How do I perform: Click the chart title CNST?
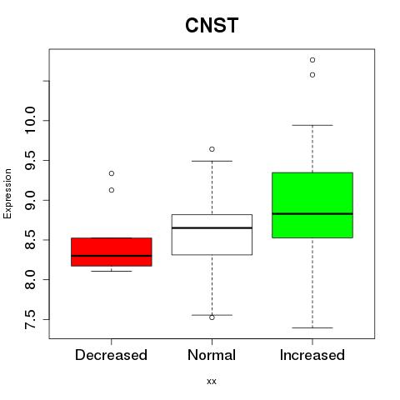click(x=212, y=25)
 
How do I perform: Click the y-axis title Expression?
click(x=7, y=193)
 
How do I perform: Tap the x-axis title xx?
click(x=212, y=381)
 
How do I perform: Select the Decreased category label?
click(x=111, y=355)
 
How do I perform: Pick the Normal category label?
click(x=212, y=355)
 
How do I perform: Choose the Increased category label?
click(x=312, y=355)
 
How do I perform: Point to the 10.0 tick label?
click(x=30, y=120)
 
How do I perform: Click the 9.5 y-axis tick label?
click(x=30, y=160)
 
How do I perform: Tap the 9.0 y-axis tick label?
click(x=30, y=200)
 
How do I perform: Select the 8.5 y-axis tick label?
click(x=30, y=240)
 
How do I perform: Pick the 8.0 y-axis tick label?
click(x=30, y=280)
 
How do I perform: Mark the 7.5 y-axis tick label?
click(x=30, y=320)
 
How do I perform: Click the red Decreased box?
click(x=112, y=252)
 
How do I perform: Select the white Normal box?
click(x=212, y=234)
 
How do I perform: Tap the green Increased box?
click(x=312, y=205)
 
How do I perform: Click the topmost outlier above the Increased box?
click(x=312, y=60)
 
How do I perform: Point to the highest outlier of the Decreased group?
click(x=112, y=173)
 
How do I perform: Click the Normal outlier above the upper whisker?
click(x=212, y=149)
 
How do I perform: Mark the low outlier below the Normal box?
click(x=212, y=317)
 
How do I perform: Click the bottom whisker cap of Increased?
click(x=312, y=327)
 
